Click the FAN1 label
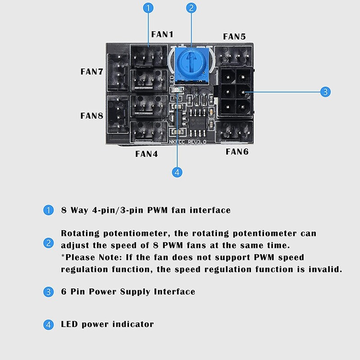coord(162,34)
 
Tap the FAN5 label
coord(234,36)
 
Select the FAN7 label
coord(92,71)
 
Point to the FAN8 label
coord(92,116)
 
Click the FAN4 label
coord(146,153)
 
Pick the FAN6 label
coord(237,152)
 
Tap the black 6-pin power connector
coord(235,92)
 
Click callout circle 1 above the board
coord(149,8)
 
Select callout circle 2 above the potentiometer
coord(192,8)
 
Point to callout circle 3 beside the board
coord(325,92)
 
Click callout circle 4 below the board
coord(177,171)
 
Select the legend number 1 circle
coord(48,210)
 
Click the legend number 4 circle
coord(48,324)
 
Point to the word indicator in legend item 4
coord(133,324)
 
